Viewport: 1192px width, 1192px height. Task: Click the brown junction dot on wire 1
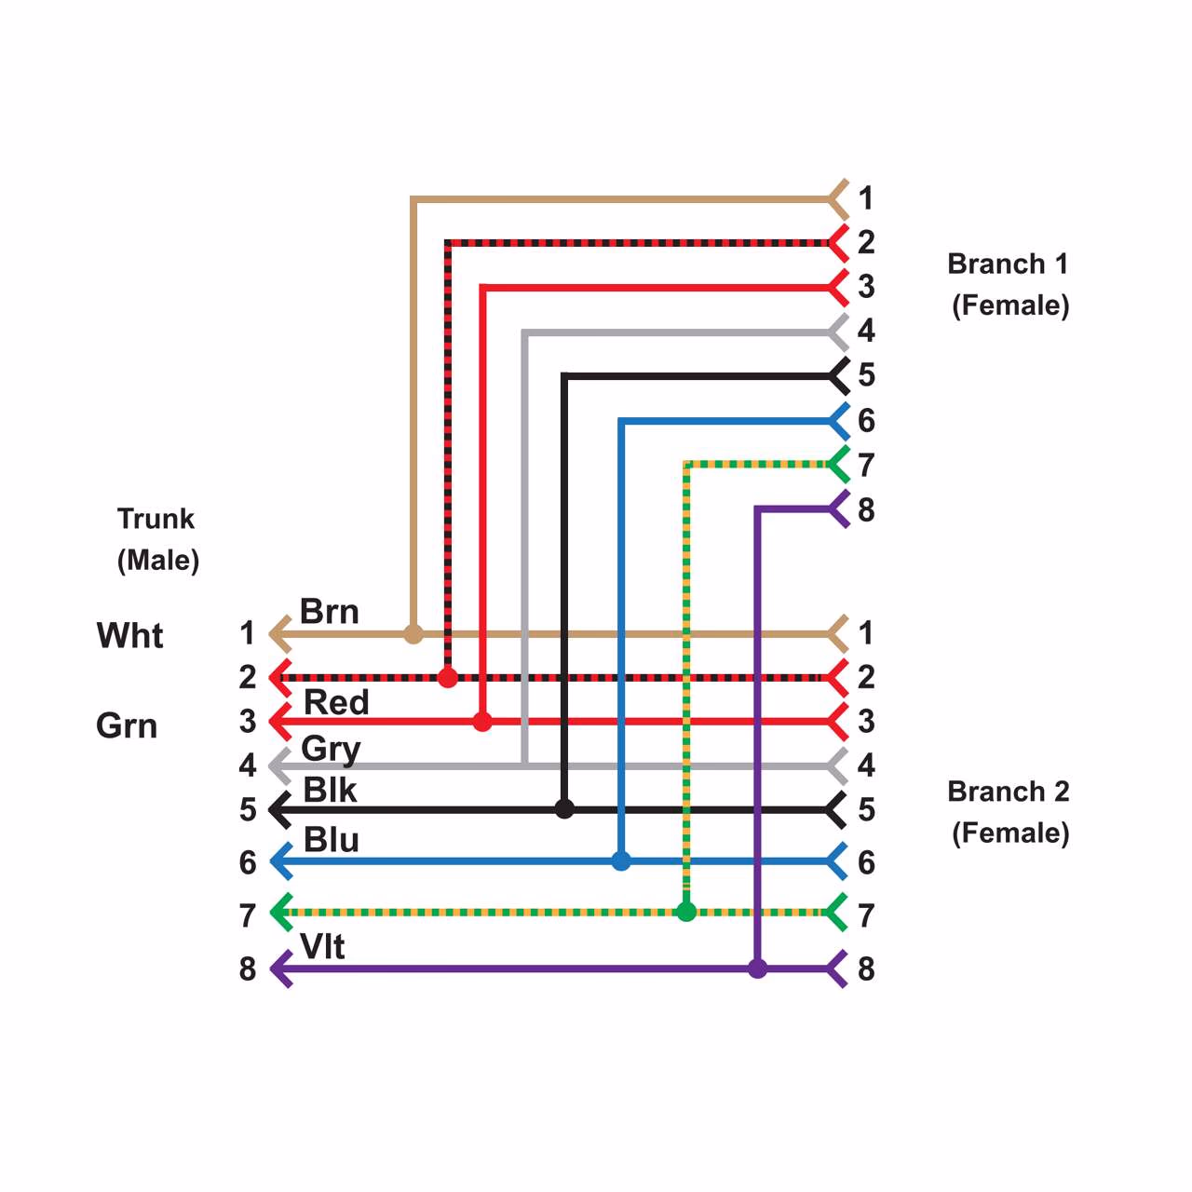point(413,634)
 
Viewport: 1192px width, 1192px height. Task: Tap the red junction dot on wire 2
point(448,677)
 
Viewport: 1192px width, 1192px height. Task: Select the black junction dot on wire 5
point(564,808)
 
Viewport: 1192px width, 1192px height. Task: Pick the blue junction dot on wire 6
point(621,861)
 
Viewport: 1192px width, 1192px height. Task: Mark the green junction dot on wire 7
point(686,912)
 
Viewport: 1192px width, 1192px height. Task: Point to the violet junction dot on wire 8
point(758,968)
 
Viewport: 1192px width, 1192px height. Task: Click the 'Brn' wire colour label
point(329,612)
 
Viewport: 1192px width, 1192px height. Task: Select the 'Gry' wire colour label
point(331,748)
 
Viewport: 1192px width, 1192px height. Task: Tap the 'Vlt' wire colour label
point(322,946)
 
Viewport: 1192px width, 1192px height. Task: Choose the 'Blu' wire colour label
point(331,840)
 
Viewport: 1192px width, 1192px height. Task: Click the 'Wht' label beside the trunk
point(129,635)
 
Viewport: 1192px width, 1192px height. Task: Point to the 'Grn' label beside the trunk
point(127,725)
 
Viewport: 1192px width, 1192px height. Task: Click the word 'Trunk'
point(156,519)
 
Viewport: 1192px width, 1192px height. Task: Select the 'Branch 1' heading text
point(1008,264)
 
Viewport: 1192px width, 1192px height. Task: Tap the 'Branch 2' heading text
point(1008,792)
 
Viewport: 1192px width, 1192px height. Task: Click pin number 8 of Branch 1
point(866,510)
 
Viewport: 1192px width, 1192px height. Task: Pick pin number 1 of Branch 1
point(866,198)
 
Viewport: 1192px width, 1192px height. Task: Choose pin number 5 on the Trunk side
point(248,809)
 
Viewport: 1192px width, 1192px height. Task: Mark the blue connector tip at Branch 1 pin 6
point(838,421)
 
